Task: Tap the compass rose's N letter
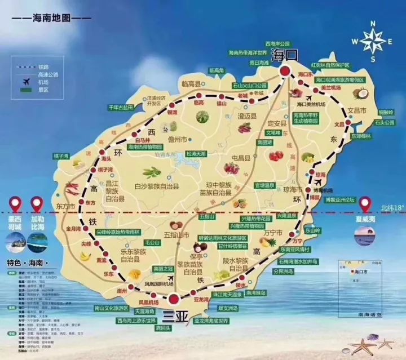pyautogui.click(x=373, y=24)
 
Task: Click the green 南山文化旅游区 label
pyautogui.click(x=111, y=308)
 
